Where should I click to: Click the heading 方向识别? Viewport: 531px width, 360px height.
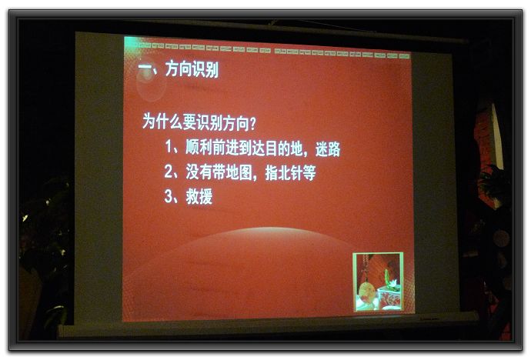coord(192,69)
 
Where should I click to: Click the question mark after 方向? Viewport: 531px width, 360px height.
coord(252,124)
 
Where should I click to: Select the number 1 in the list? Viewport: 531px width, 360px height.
coord(169,146)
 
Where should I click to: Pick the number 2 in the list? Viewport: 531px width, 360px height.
coord(168,172)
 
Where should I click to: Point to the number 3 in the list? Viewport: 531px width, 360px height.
coord(168,196)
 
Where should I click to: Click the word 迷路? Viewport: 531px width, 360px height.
coord(328,149)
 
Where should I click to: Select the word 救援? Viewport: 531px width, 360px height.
coord(199,196)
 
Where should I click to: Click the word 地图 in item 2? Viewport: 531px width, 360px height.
coord(239,172)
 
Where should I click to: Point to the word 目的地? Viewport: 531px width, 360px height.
coord(283,148)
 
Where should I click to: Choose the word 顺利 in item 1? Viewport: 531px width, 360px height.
coord(199,147)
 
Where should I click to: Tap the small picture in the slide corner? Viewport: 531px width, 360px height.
coord(379,282)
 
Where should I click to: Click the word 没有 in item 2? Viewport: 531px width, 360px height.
coord(199,172)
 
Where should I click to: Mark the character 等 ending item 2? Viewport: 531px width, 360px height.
coord(309,173)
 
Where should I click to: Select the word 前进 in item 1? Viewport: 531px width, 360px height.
coord(225,148)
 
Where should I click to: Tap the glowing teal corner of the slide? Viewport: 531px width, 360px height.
coord(130,43)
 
